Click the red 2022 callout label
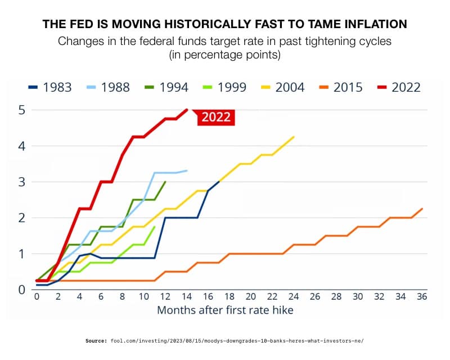tap(217, 118)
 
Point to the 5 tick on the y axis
tap(21, 110)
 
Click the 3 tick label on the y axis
tap(21, 182)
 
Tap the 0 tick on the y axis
tap(21, 290)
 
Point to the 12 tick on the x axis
tap(165, 296)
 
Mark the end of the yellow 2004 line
tap(294, 137)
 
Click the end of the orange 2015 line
tap(422, 209)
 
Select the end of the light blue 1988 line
tap(187, 170)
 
